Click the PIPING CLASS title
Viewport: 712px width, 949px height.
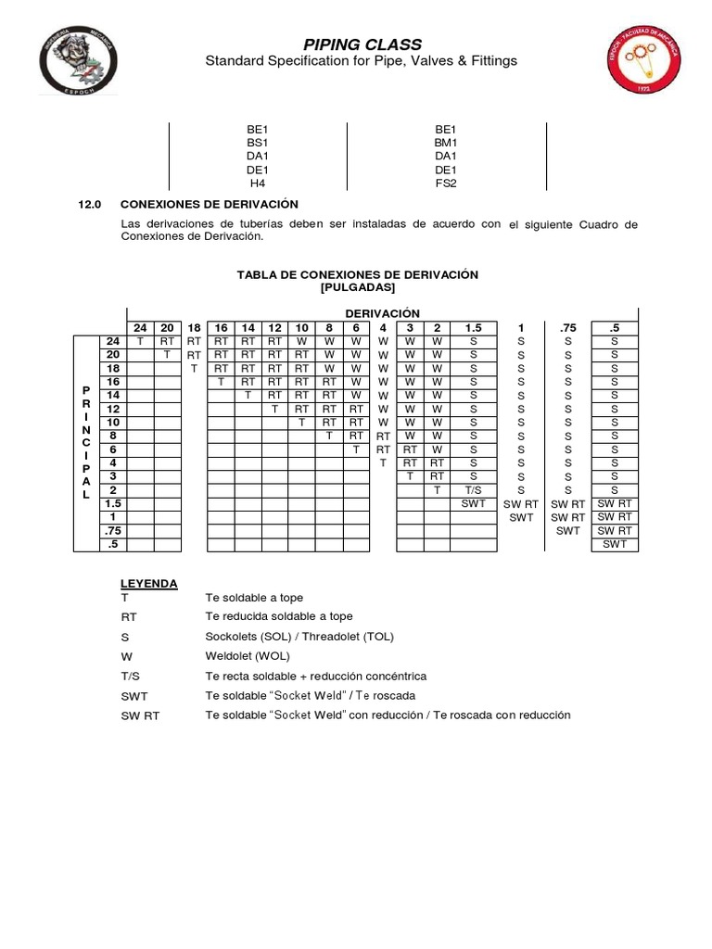coord(362,44)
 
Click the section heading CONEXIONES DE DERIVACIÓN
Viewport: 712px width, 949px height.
coord(210,203)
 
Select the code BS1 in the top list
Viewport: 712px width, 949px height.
coord(258,143)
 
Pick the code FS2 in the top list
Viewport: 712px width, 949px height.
coord(446,183)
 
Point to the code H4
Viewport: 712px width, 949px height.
coord(258,183)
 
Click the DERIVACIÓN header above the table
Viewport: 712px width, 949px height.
coord(382,313)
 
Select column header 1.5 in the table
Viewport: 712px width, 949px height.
coord(473,327)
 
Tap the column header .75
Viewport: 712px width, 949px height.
coord(567,327)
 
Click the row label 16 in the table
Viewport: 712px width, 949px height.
coord(113,381)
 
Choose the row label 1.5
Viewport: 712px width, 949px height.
coord(113,503)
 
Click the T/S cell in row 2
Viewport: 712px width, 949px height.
coord(473,489)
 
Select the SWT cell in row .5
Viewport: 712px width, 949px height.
coord(615,544)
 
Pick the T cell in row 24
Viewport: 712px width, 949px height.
coord(140,340)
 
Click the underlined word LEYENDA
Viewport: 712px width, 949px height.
coord(148,583)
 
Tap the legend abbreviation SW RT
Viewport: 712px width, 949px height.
coord(140,715)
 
